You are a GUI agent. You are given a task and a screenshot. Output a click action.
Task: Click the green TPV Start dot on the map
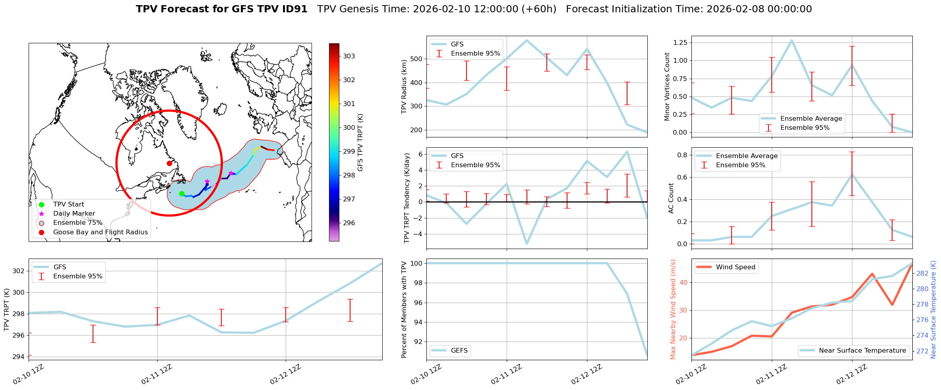pyautogui.click(x=182, y=194)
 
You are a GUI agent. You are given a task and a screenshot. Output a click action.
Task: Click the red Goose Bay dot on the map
pyautogui.click(x=169, y=163)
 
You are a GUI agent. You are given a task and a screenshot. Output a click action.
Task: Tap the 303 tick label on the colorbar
pyautogui.click(x=349, y=56)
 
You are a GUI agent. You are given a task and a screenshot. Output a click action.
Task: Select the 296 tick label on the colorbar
pyautogui.click(x=349, y=223)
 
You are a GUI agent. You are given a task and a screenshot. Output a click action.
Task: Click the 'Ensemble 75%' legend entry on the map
pyautogui.click(x=77, y=223)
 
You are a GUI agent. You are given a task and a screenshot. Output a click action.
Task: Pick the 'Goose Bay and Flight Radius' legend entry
pyautogui.click(x=100, y=232)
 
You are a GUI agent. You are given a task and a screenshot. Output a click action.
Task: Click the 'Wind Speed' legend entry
pyautogui.click(x=735, y=267)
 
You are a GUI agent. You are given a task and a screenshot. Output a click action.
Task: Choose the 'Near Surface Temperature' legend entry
pyautogui.click(x=862, y=351)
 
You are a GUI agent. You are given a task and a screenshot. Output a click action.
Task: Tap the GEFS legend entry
pyautogui.click(x=459, y=351)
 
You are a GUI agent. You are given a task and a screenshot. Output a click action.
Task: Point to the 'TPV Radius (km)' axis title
pyautogui.click(x=405, y=87)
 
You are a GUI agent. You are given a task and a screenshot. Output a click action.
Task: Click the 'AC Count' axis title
pyautogui.click(x=671, y=198)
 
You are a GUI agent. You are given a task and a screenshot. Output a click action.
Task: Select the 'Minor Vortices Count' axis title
pyautogui.click(x=667, y=87)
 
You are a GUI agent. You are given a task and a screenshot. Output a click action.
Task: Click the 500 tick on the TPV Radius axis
pyautogui.click(x=416, y=59)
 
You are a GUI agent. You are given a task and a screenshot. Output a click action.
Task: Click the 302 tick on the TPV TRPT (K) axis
pyautogui.click(x=19, y=271)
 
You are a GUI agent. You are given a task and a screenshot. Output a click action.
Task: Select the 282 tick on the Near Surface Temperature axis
pyautogui.click(x=922, y=273)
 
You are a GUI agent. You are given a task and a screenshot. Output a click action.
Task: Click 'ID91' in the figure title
pyautogui.click(x=294, y=9)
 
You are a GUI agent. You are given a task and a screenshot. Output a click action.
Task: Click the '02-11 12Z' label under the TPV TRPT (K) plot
pyautogui.click(x=157, y=374)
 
